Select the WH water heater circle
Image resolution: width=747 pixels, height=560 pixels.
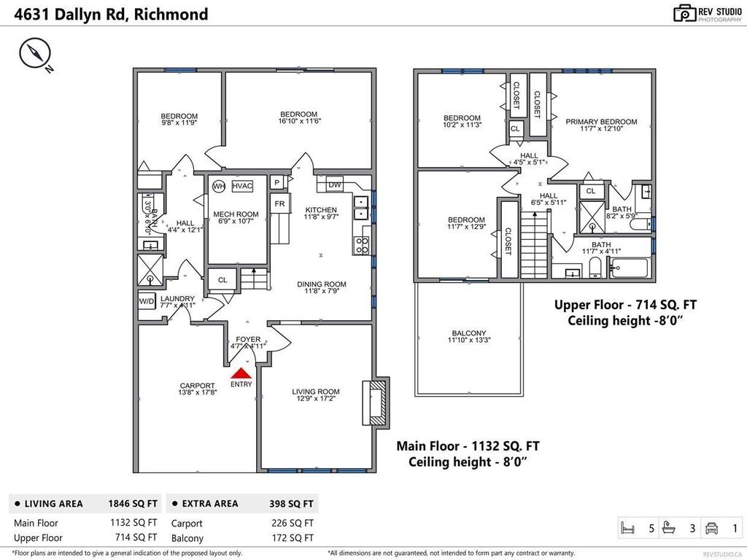(218, 186)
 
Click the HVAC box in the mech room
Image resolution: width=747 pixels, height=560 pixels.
(242, 186)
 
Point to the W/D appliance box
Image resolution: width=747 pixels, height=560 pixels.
(147, 301)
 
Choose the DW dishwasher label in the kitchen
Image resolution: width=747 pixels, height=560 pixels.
(335, 184)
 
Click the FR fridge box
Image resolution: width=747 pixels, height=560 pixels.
(279, 204)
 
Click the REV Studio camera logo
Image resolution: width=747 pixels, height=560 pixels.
(684, 13)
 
